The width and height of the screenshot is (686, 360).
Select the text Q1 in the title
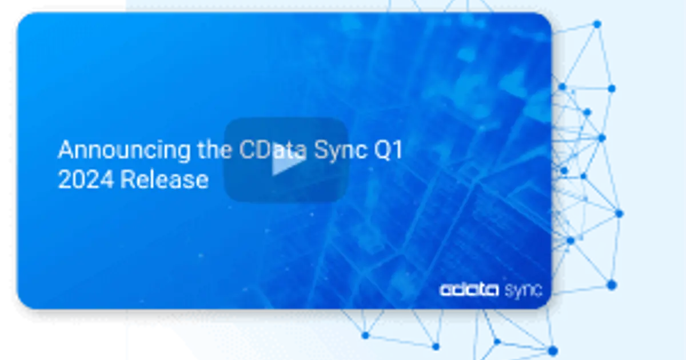[388, 150]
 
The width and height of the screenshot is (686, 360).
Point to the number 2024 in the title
[86, 179]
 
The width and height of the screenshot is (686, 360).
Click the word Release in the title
[165, 179]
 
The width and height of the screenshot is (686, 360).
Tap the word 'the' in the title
[214, 149]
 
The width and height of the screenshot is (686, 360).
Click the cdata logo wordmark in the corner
[469, 290]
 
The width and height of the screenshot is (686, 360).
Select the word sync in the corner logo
[523, 290]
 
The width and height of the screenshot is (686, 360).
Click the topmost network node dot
[597, 24]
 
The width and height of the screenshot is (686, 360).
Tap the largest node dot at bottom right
[553, 350]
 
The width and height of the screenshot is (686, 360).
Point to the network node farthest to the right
[619, 213]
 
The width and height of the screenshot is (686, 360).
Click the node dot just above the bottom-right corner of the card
[611, 285]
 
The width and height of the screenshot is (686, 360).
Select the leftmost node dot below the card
[365, 335]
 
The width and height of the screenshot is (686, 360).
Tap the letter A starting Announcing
[66, 150]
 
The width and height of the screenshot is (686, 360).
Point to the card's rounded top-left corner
[22, 18]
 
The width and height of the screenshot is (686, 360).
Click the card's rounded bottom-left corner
[22, 303]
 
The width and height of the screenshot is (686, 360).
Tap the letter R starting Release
[127, 179]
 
